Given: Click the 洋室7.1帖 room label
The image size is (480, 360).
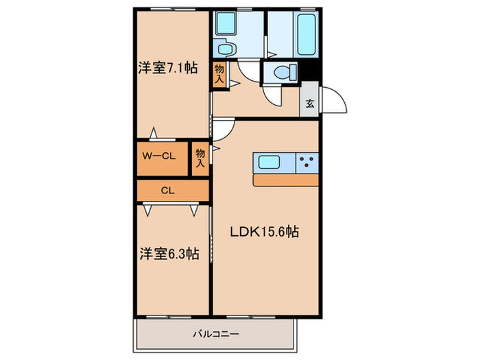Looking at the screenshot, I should click(167, 68).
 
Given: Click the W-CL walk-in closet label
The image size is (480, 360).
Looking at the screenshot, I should click(159, 156).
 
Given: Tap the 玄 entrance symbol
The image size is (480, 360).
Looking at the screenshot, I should click(309, 104).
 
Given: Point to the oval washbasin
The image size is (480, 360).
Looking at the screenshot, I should click(224, 49).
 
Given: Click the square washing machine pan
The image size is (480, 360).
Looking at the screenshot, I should click(224, 24).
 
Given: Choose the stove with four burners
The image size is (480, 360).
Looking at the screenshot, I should click(307, 163).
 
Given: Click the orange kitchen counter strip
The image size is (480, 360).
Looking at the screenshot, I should click(286, 180).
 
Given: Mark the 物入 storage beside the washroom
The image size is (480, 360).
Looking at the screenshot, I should click(219, 73).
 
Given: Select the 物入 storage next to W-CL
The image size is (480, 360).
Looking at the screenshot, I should click(200, 158).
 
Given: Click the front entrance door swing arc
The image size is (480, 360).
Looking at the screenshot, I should click(335, 102).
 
